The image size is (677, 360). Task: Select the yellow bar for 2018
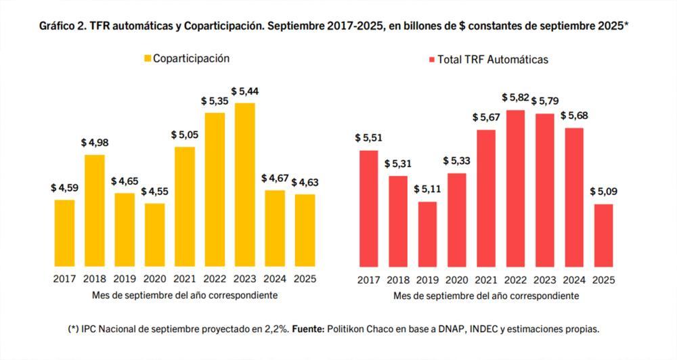95,210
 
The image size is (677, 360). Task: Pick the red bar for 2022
516,188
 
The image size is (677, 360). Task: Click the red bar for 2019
427,234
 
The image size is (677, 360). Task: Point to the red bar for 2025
604,235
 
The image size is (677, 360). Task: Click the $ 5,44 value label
244,91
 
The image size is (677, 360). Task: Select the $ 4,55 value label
154,192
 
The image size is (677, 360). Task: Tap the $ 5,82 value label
516,98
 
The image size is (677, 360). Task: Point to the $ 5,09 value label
604,192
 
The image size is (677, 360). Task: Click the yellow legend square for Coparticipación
146,59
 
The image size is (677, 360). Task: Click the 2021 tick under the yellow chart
184,278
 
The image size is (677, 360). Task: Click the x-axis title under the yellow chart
184,295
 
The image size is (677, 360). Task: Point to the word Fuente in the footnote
307,330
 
